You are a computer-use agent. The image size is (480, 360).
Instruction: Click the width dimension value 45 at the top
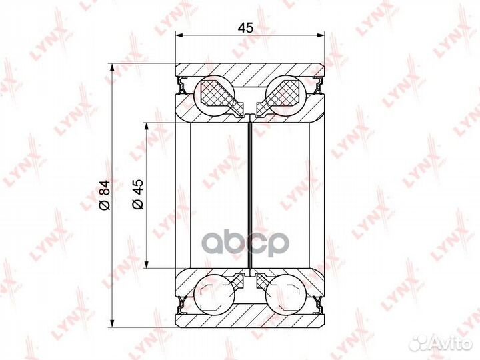(x=246, y=28)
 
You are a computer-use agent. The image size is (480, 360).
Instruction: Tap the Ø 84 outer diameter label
(x=105, y=195)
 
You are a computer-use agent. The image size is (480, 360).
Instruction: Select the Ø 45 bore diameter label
(x=138, y=194)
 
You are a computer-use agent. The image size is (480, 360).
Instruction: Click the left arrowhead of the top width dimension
(x=179, y=36)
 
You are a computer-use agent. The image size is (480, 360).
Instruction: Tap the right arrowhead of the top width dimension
(x=320, y=36)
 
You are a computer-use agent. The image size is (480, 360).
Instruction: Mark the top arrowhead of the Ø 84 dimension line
(x=113, y=67)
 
